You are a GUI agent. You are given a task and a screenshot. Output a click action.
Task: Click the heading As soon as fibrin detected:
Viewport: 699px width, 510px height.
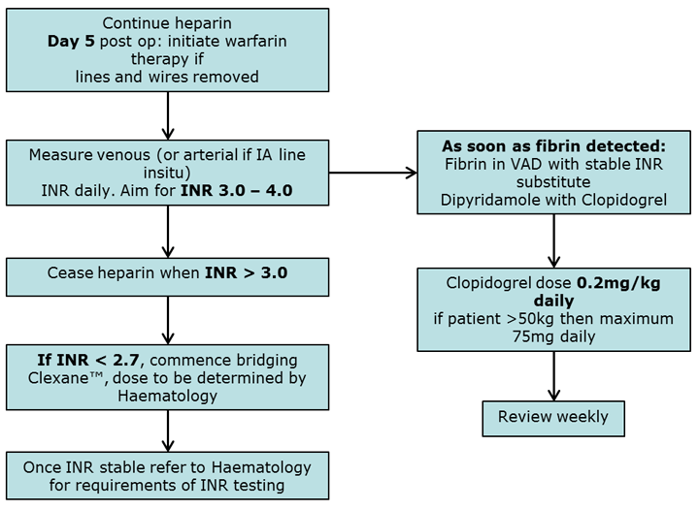click(553, 144)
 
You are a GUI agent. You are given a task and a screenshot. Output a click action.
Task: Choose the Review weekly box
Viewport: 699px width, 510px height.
click(553, 418)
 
